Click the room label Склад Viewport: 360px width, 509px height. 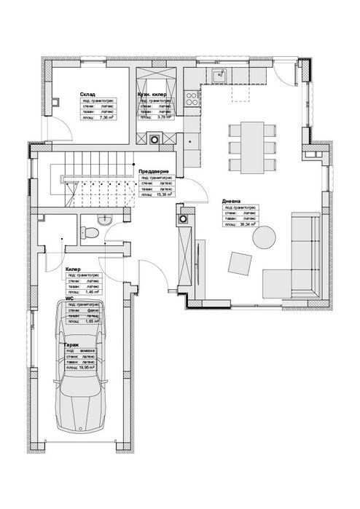pos(87,95)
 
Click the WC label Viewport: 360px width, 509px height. pos(69,298)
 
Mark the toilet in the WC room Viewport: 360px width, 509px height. pos(88,232)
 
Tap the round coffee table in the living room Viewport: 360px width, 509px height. pos(264,237)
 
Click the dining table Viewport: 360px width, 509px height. pos(252,146)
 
